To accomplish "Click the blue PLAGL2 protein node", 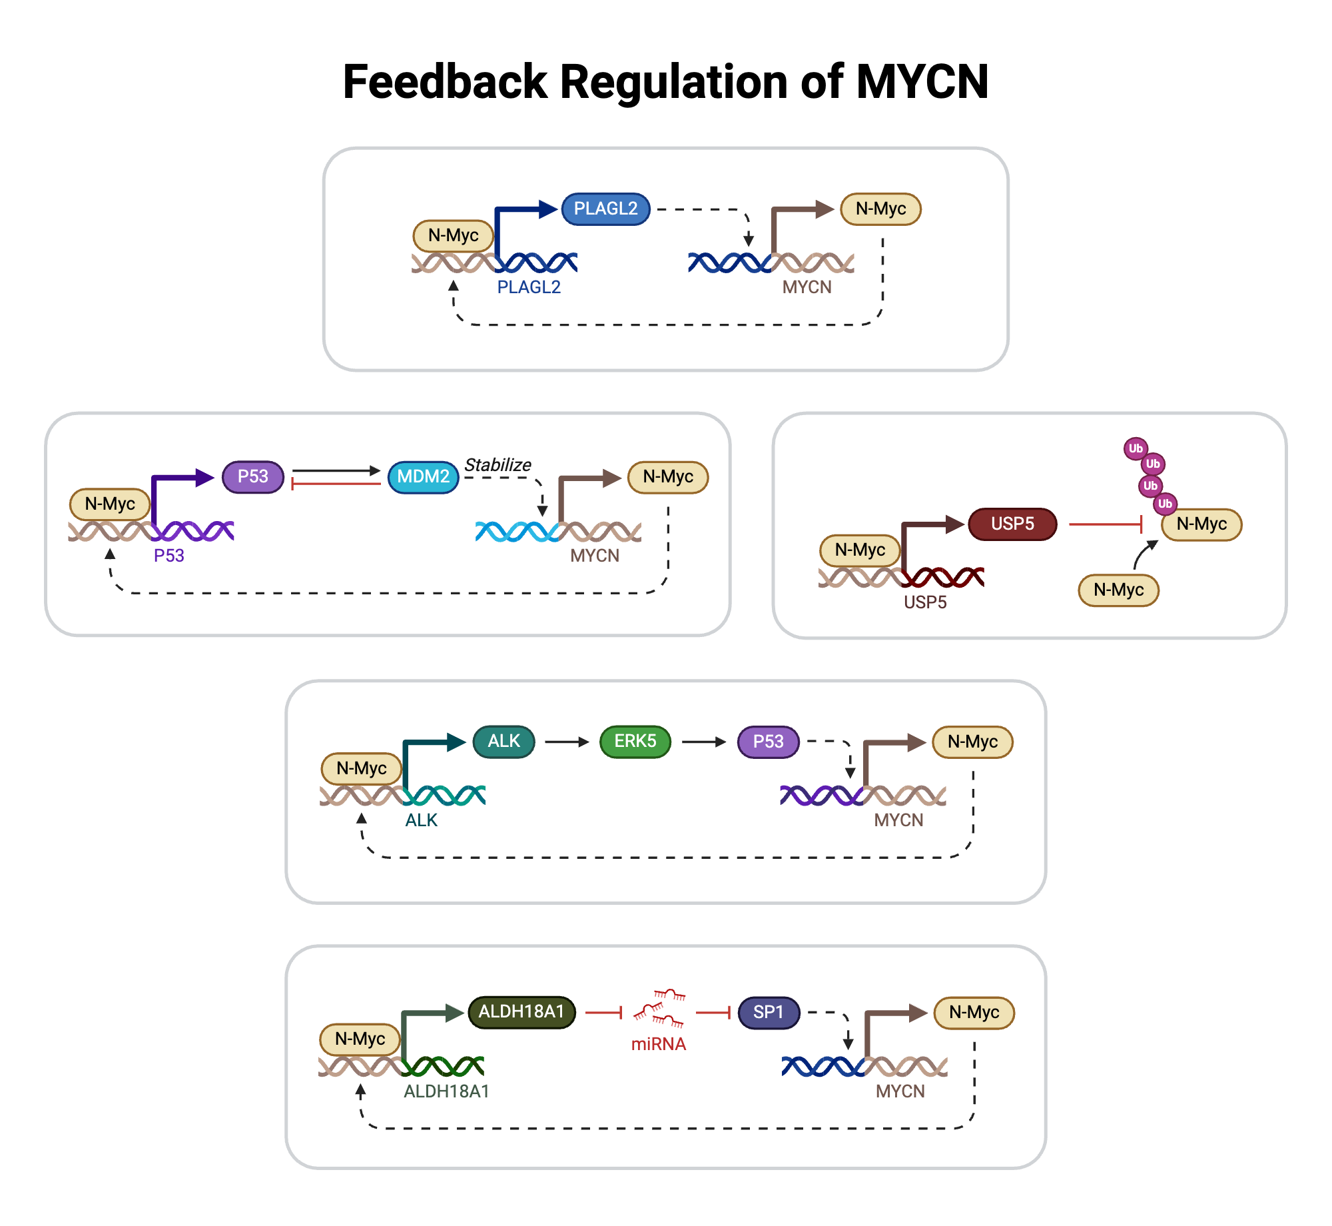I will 605,209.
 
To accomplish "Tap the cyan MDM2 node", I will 423,477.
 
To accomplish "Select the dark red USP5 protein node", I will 1012,524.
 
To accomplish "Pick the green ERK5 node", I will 635,742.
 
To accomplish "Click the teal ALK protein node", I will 503,742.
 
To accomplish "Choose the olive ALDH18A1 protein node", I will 521,1012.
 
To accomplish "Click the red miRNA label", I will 658,1044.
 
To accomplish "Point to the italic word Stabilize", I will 498,464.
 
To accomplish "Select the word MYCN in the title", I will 922,82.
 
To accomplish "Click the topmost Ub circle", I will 1136,448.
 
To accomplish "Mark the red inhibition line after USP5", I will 1106,524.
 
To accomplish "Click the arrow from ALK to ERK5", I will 567,742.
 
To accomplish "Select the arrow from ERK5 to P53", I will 703,742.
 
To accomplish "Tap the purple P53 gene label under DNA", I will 168,556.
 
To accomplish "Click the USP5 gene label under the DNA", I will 925,602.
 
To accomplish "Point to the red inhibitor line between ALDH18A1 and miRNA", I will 603,1013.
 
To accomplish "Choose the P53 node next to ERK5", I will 768,742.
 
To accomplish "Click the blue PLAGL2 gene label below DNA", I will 529,287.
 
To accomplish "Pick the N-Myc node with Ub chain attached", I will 1201,524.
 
